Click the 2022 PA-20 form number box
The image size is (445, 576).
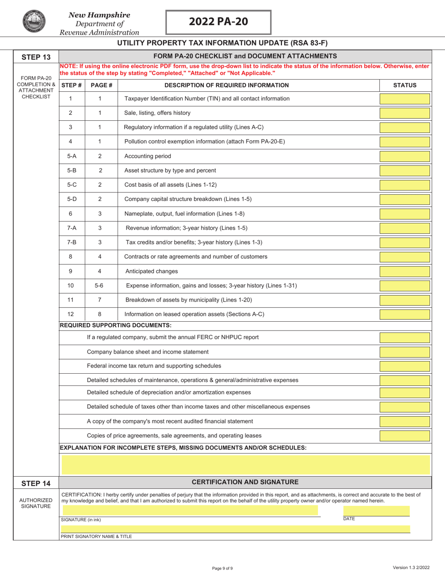coord(218,22)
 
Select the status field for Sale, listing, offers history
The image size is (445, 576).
coord(404,113)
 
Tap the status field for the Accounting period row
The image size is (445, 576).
coord(404,156)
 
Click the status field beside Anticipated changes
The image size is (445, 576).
coord(404,271)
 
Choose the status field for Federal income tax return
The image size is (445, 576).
coord(404,366)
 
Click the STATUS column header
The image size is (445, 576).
coord(405,85)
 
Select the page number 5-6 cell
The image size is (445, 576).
coord(99,286)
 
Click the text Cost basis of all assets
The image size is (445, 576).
coord(171,185)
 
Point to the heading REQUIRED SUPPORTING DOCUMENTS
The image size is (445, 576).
coord(116,325)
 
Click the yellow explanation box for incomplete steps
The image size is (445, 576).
coord(245,464)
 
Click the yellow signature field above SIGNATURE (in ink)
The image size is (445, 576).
coord(190,511)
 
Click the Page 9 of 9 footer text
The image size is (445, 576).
coord(222,568)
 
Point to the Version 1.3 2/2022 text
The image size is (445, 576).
coord(410,568)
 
